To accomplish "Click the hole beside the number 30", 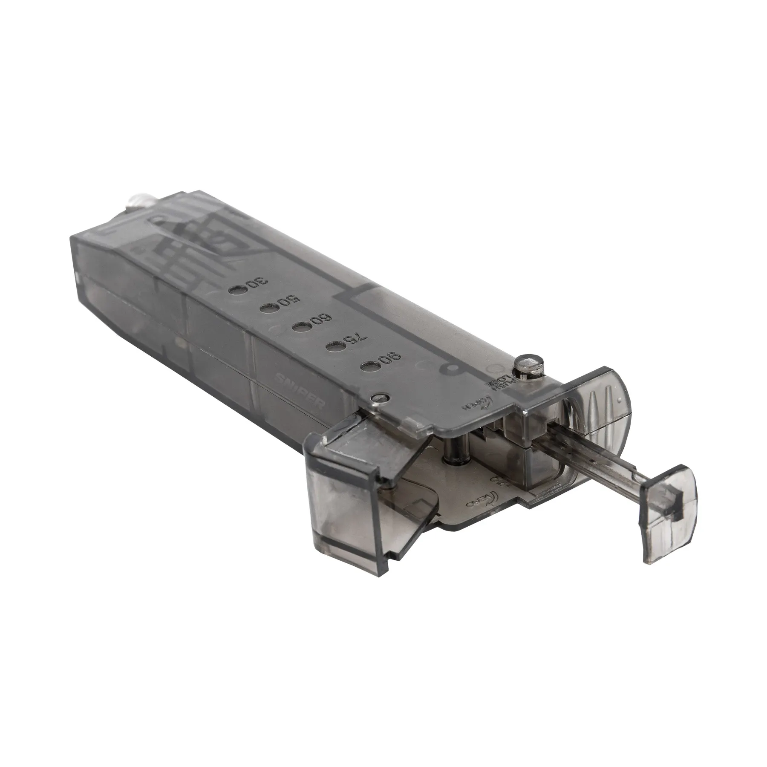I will pyautogui.click(x=236, y=290).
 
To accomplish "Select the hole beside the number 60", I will pyautogui.click(x=300, y=327).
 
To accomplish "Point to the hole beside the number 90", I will pyautogui.click(x=369, y=366).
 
